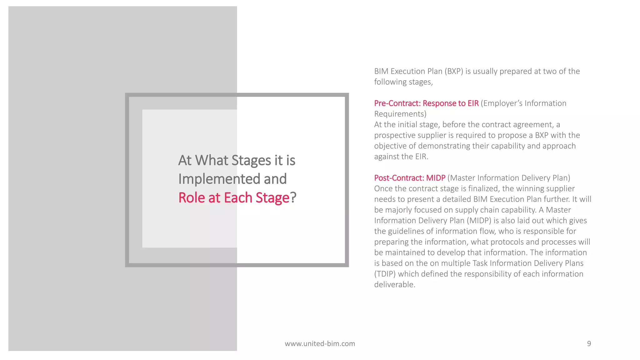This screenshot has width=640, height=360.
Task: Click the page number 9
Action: click(x=589, y=343)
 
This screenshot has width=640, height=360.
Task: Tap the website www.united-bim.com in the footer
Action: click(x=320, y=344)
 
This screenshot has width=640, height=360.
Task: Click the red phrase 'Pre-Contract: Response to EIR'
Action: click(x=426, y=103)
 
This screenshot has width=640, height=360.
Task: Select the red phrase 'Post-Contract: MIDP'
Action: click(x=410, y=178)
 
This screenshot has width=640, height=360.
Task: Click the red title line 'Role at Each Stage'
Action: click(x=234, y=198)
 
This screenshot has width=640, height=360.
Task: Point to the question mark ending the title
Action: click(x=293, y=198)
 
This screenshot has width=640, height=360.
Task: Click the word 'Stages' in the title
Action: click(x=251, y=161)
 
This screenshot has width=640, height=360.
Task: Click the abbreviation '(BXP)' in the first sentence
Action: click(x=453, y=72)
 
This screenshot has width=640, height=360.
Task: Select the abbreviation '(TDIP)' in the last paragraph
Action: click(x=385, y=274)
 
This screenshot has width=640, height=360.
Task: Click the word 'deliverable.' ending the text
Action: click(x=395, y=285)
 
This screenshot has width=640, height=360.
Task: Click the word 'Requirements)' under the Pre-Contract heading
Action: click(x=400, y=114)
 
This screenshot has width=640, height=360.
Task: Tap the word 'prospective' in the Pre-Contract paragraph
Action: click(x=395, y=135)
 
